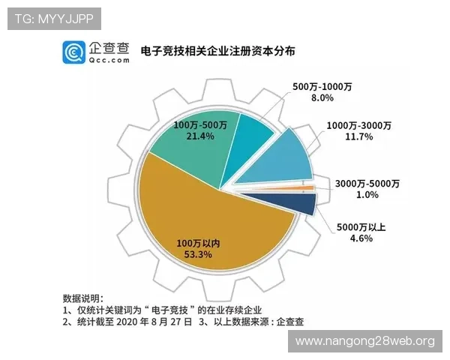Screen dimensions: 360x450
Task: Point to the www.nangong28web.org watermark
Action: (x=365, y=341)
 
